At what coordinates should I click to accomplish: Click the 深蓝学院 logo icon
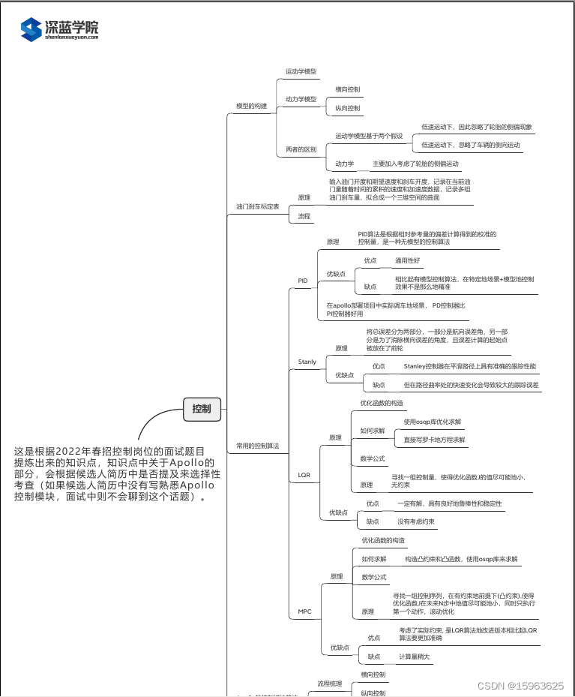(31, 29)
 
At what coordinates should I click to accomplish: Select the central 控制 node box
(202, 409)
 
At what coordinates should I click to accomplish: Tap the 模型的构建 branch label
(251, 107)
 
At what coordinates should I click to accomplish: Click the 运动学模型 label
(301, 72)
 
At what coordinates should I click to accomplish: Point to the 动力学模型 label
(301, 99)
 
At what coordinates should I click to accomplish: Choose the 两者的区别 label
(301, 149)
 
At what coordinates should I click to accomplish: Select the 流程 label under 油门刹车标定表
(304, 216)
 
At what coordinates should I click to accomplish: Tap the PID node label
(303, 281)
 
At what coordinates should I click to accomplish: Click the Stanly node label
(307, 362)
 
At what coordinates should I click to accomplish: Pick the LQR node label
(304, 475)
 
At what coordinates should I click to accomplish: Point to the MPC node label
(304, 611)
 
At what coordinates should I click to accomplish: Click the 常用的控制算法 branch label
(257, 446)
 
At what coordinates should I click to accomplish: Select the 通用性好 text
(408, 260)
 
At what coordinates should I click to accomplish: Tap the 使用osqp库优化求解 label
(433, 422)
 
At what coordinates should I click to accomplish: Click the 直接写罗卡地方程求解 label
(434, 440)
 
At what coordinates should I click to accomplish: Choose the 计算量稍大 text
(415, 656)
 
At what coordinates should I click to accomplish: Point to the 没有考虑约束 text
(418, 521)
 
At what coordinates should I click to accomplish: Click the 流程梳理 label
(329, 683)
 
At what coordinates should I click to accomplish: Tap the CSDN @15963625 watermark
(520, 686)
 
